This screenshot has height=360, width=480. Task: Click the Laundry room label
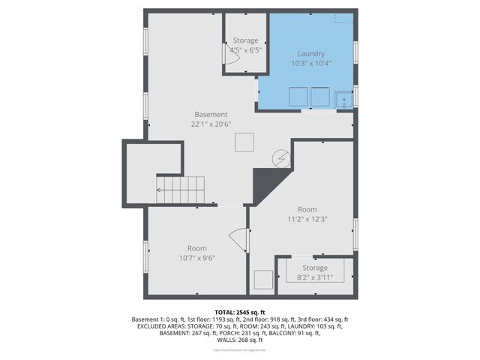[x=311, y=54]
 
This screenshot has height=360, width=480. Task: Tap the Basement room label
[x=211, y=115]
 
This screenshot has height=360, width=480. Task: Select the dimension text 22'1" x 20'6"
[x=211, y=124]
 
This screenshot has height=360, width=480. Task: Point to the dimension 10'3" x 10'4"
[x=311, y=64]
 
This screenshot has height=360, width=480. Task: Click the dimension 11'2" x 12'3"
[x=307, y=220]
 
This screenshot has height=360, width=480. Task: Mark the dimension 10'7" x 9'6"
[x=197, y=258]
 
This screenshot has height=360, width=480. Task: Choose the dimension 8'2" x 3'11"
[x=315, y=277]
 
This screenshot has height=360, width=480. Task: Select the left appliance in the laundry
[x=298, y=97]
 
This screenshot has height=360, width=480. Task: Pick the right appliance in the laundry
[x=321, y=97]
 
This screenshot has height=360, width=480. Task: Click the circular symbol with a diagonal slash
[x=281, y=159]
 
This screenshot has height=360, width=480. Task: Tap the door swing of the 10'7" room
[x=238, y=240]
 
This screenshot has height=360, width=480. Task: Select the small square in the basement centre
[x=244, y=142]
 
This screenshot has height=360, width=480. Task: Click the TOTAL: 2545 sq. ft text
[x=240, y=312]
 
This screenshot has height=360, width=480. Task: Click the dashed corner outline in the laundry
[x=346, y=18]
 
